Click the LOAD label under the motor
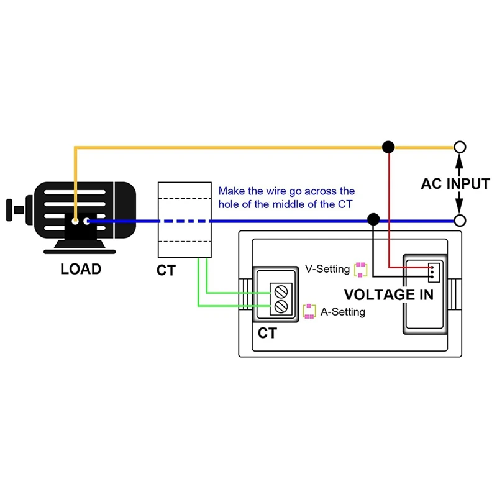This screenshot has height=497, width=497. pyautogui.click(x=81, y=270)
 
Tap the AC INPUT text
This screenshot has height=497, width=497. pyautogui.click(x=455, y=184)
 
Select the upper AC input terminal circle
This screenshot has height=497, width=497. pyautogui.click(x=460, y=147)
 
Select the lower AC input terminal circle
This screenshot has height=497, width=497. pyautogui.click(x=460, y=220)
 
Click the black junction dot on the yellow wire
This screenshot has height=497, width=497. pyautogui.click(x=388, y=147)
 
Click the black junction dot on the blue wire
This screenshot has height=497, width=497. pyautogui.click(x=373, y=219)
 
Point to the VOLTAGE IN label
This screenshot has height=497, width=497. pyautogui.click(x=388, y=294)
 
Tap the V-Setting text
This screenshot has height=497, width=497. pyautogui.click(x=327, y=270)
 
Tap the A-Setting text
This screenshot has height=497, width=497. pyautogui.click(x=342, y=312)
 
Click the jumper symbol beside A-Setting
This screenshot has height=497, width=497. pyautogui.click(x=309, y=312)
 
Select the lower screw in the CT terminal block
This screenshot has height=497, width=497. pyautogui.click(x=281, y=306)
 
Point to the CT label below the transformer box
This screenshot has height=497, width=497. pyautogui.click(x=166, y=270)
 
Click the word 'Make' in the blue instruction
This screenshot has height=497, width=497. pyautogui.click(x=230, y=191)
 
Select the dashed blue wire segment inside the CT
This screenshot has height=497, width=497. pyautogui.click(x=185, y=221)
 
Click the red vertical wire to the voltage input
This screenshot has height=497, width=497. pyautogui.click(x=389, y=205)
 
